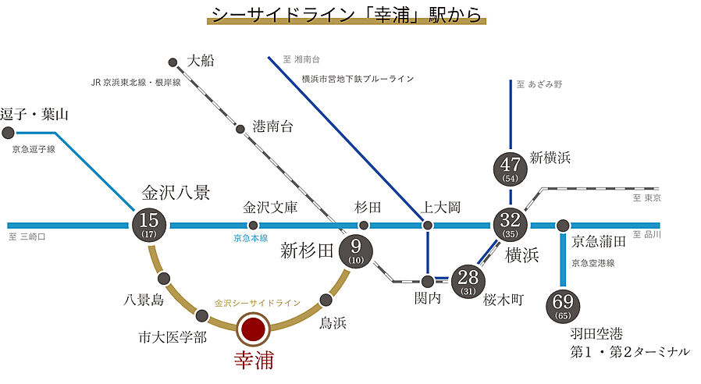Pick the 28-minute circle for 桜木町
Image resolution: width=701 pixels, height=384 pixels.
469,279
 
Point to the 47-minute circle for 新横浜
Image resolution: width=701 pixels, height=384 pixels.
511,168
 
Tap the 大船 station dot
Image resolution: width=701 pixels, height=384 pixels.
173,61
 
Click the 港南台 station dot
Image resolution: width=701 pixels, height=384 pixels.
240,128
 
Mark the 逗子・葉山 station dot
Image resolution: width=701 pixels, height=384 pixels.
9,133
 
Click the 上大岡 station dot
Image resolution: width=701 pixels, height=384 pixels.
427,225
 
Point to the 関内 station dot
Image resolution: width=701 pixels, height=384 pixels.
427,281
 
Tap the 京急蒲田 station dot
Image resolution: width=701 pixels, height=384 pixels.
562,225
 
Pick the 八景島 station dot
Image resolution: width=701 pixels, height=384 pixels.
164,279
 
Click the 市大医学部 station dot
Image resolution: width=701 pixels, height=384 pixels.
201,315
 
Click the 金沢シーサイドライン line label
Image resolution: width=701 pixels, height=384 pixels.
257,303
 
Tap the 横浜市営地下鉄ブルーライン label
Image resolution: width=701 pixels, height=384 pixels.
357,79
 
